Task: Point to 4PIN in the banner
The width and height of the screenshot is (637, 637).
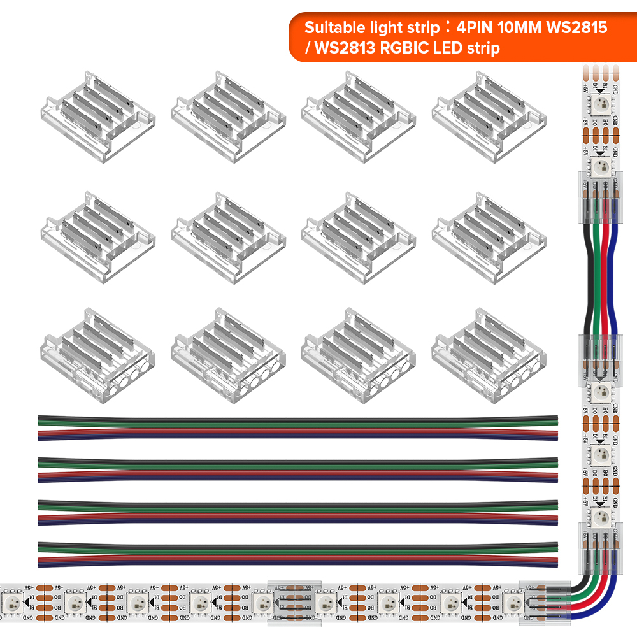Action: tap(475, 28)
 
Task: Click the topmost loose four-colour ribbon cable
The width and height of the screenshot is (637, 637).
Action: tap(298, 427)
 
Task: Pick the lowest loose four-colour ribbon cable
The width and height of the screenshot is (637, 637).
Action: tap(298, 554)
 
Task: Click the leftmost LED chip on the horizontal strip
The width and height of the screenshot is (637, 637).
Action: tap(12, 599)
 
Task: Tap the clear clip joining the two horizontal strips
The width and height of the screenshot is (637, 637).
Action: tap(294, 599)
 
